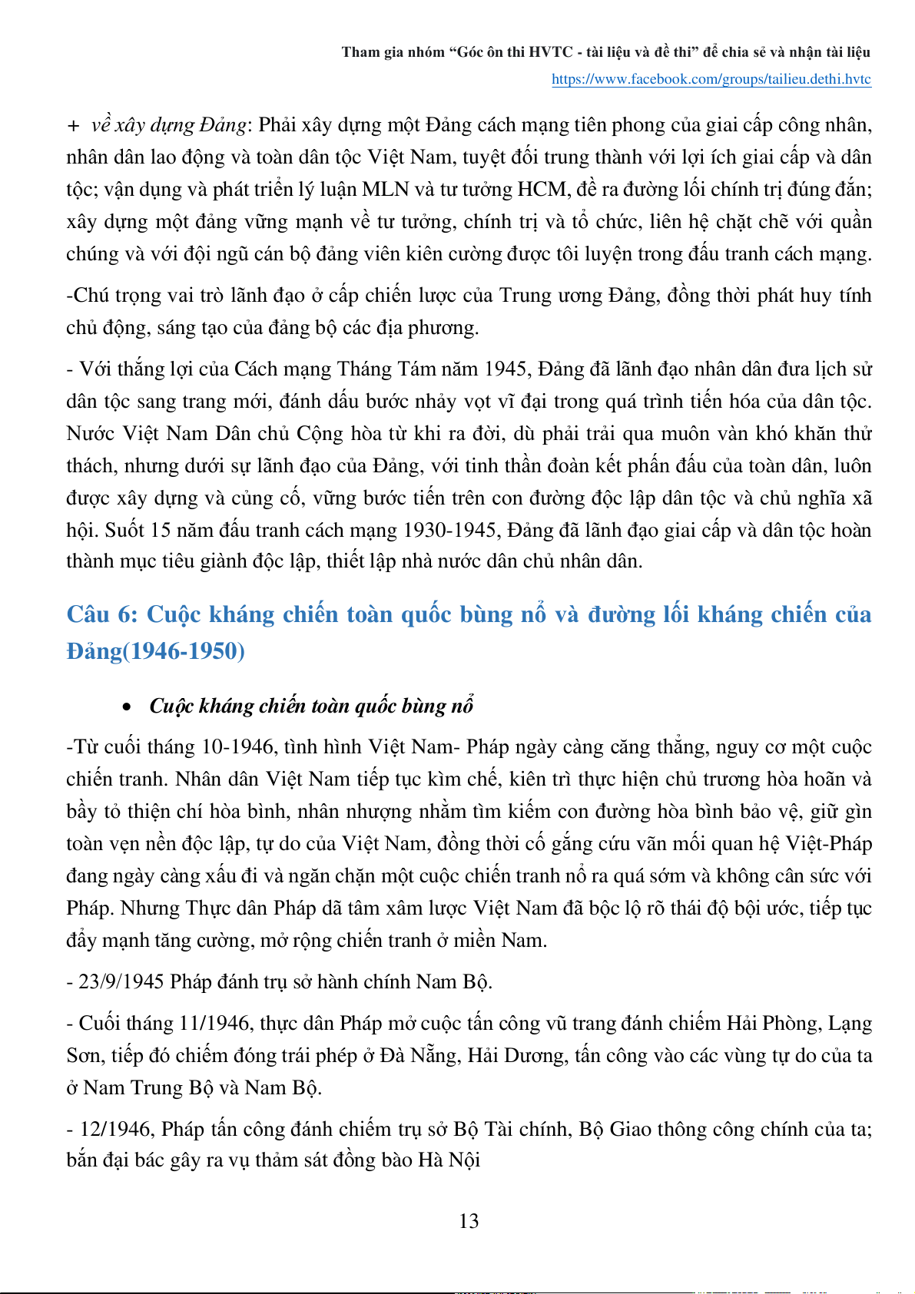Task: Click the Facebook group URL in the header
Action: click(711, 79)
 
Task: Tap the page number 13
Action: click(469, 1221)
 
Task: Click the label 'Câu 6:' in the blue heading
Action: click(101, 614)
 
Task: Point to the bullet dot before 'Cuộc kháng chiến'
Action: click(128, 707)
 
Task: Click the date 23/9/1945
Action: click(121, 981)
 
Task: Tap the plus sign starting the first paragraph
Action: click(74, 125)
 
